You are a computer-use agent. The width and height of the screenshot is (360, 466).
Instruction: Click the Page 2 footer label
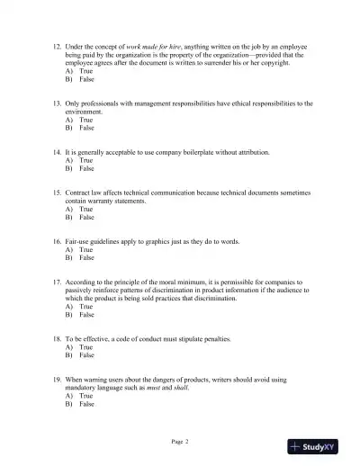[180, 442]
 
